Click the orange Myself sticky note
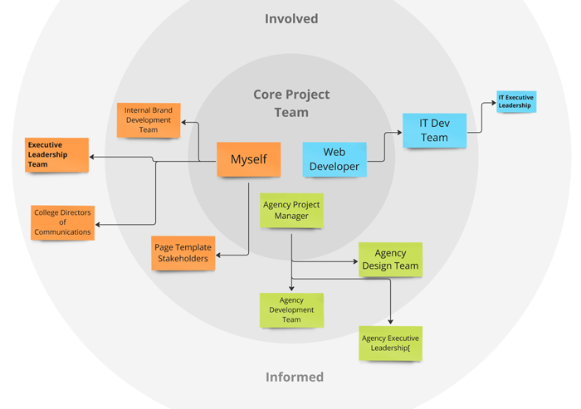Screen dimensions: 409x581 coord(248,159)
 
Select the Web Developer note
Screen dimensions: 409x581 coord(334,159)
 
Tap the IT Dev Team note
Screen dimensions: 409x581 coord(434,130)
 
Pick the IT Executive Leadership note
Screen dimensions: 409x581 coord(515,102)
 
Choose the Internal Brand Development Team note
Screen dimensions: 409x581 coord(149,119)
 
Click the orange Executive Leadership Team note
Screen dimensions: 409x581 coord(56,155)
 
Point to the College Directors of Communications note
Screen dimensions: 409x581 coord(62,222)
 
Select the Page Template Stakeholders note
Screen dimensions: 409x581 coord(183,252)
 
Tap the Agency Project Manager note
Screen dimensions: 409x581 coord(291,211)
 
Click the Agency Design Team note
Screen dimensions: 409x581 coord(390,260)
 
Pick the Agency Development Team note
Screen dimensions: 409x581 coord(291,310)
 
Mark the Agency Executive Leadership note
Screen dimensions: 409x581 coord(390,343)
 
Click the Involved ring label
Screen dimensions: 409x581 coord(291,18)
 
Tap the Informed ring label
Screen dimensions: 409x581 coord(294,377)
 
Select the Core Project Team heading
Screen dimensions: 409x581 coord(291,103)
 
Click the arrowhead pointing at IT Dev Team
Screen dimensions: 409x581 coord(399,131)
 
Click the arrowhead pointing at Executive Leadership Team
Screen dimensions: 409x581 coord(92,157)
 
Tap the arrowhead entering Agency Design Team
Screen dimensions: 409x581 coord(355,261)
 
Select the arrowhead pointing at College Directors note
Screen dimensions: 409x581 coord(98,223)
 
